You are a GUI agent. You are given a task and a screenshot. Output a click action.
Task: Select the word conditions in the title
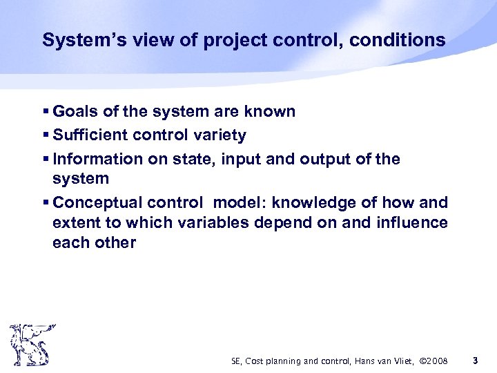coord(398,41)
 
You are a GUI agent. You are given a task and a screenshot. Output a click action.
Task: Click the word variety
coord(219,135)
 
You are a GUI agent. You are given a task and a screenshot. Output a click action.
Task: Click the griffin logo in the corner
coord(30,345)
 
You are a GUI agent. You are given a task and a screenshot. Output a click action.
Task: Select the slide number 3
coord(475,361)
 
